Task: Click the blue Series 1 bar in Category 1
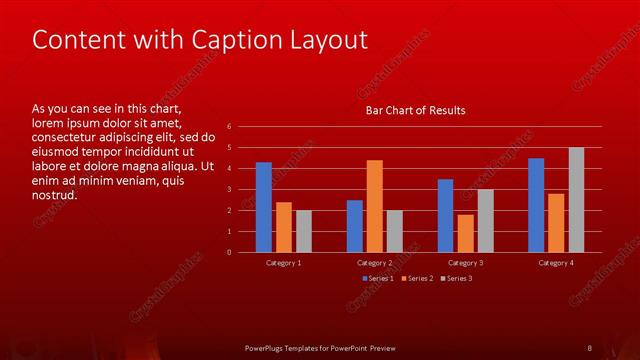click(264, 207)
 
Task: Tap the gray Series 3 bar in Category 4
click(576, 200)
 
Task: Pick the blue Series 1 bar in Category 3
click(445, 215)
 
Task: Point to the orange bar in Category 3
click(465, 233)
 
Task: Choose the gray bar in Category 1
click(304, 231)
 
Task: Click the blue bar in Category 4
click(536, 205)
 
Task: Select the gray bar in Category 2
click(394, 231)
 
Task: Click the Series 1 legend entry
click(378, 278)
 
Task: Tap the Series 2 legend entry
click(418, 278)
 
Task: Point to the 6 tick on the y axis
click(230, 127)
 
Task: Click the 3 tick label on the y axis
click(230, 189)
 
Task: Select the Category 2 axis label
click(375, 262)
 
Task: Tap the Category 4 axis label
click(556, 262)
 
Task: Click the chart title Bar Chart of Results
click(414, 110)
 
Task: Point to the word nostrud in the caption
click(55, 194)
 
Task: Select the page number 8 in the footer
click(589, 347)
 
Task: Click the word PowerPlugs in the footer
click(268, 347)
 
